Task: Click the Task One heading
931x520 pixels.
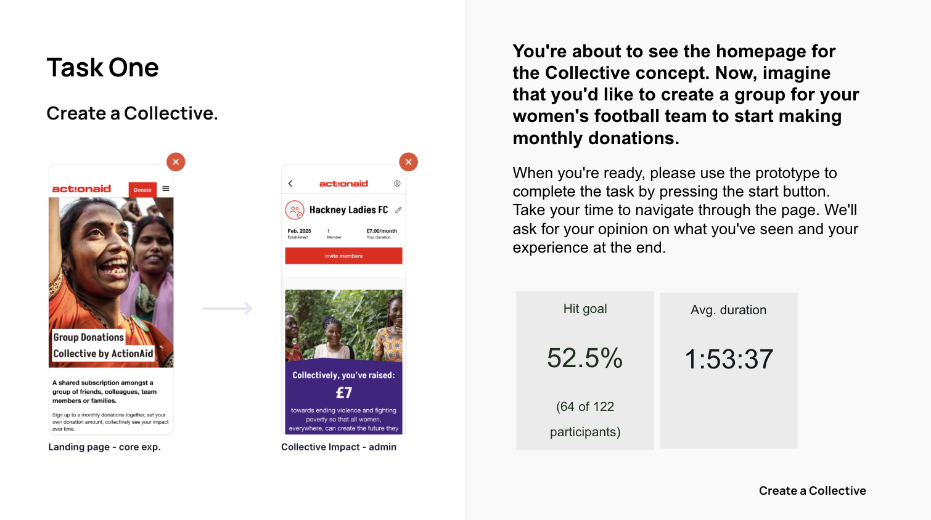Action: click(x=102, y=67)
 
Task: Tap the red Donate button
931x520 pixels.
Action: click(x=142, y=190)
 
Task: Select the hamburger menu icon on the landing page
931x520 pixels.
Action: click(x=166, y=189)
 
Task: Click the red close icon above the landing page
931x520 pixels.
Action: click(x=176, y=162)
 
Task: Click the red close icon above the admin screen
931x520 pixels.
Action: click(x=408, y=162)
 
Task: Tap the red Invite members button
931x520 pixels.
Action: click(x=343, y=256)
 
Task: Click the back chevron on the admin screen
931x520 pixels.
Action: click(x=290, y=184)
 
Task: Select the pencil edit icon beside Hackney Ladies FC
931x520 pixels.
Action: click(x=398, y=210)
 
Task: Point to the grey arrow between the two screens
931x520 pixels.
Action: click(x=228, y=308)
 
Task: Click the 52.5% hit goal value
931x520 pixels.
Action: click(x=584, y=358)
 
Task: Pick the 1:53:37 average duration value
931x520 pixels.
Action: click(x=729, y=359)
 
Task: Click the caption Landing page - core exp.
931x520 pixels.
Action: click(x=104, y=447)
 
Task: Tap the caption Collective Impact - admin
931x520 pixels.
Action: click(x=338, y=447)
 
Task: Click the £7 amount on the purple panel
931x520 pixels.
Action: click(x=343, y=392)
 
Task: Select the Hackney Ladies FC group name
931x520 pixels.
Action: click(x=348, y=210)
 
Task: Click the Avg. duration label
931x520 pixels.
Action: click(x=728, y=310)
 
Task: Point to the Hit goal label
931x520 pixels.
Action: click(x=584, y=309)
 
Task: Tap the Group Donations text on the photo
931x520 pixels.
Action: click(x=88, y=337)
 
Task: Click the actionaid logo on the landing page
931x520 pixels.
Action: click(x=81, y=189)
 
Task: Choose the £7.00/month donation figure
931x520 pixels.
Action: click(x=382, y=231)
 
